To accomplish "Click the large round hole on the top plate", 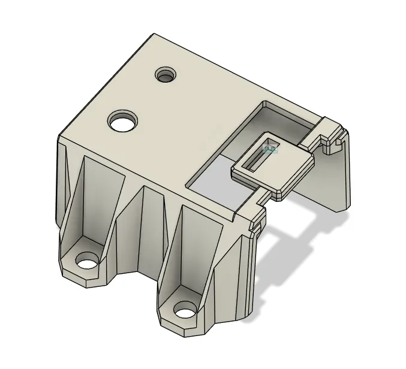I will pos(123,122).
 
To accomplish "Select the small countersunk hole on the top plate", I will pos(166,75).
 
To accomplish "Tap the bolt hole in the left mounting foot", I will pos(88,262).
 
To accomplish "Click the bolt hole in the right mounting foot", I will pos(185,311).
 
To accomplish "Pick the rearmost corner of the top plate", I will pos(154,34).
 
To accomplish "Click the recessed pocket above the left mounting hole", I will pos(96,198).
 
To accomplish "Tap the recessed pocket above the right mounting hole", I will pos(195,246).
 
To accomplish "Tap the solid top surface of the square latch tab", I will pos(288,174).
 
